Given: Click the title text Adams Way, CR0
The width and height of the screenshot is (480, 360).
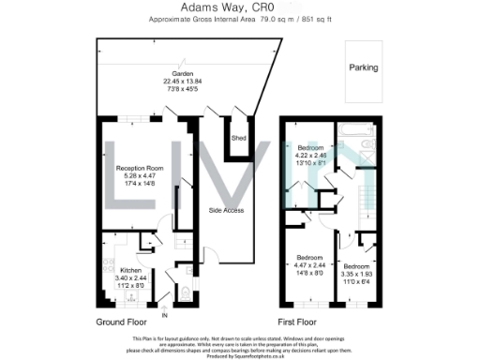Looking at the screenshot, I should coord(239,7).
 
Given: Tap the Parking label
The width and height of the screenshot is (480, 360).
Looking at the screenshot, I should coord(363,67).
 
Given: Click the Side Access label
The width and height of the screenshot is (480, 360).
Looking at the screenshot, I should coord(226,210).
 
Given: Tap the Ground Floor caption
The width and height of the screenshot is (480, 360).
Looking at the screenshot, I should coord(124,322).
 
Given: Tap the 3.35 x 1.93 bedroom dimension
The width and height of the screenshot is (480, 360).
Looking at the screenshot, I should coord(356,263).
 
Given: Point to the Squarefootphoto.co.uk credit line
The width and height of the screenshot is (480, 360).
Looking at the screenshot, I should coord(239,355).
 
